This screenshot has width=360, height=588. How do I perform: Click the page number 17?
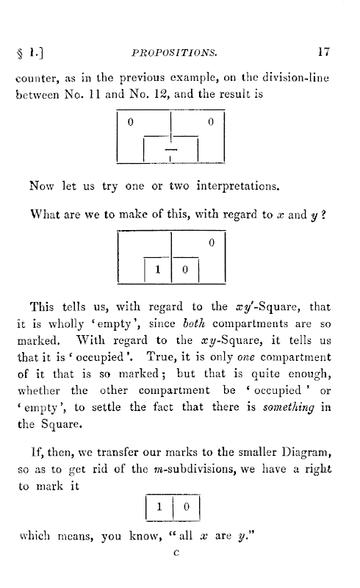[x=323, y=51]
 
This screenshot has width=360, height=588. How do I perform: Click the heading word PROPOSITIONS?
[x=174, y=53]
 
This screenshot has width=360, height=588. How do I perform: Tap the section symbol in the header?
[x=20, y=53]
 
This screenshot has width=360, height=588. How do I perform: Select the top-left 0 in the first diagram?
[x=131, y=122]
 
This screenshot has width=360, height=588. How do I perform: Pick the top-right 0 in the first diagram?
[x=211, y=122]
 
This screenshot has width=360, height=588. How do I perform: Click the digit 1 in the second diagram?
[x=158, y=269]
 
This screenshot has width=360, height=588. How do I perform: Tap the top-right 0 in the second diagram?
[x=212, y=243]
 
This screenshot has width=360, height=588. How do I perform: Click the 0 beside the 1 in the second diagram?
[x=185, y=270]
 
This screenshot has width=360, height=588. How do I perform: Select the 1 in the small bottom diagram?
[x=159, y=507]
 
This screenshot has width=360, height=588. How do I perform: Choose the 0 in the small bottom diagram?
[x=187, y=507]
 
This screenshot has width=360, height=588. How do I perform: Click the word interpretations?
[x=238, y=187]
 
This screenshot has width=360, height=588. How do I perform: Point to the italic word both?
[x=193, y=323]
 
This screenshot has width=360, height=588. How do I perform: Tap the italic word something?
[x=289, y=408]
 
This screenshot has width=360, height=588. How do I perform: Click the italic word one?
[x=246, y=357]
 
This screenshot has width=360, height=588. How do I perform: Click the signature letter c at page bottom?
[x=176, y=553]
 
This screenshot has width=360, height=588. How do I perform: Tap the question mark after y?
[x=323, y=215]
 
